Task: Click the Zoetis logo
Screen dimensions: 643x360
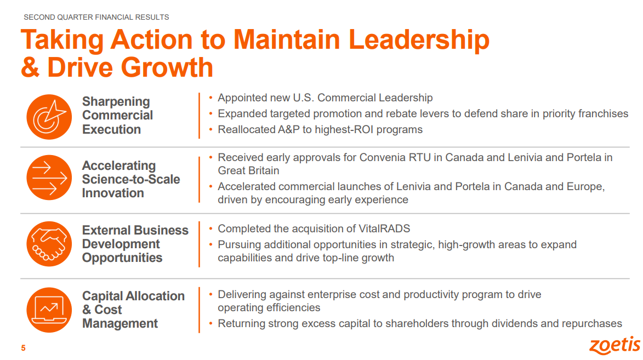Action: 614,345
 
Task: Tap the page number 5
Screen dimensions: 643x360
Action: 24,348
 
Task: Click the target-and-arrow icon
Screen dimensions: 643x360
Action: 49,117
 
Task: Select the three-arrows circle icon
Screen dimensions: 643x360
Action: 49,178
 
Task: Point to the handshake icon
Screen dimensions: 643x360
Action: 49,244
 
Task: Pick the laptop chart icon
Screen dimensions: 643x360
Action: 49,310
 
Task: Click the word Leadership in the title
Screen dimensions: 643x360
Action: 419,40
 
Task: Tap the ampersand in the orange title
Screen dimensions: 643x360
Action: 30,67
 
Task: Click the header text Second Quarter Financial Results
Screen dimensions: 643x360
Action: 96,17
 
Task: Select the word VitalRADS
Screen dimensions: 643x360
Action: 384,228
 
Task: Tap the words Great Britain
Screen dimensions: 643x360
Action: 248,170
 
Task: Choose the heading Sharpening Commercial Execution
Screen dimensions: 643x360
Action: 117,115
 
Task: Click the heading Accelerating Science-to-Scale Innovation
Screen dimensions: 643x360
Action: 131,179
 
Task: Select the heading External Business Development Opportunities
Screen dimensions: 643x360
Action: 135,244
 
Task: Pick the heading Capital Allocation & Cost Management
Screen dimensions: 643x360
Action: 133,310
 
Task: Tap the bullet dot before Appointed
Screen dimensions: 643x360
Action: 211,98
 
